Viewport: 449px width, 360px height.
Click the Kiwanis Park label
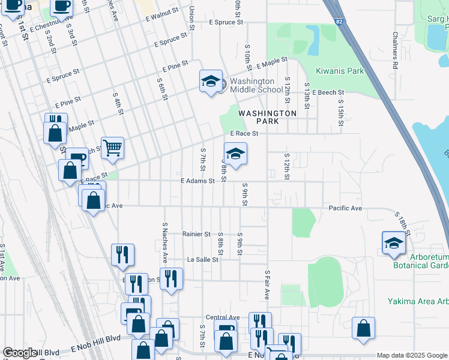click(x=340, y=71)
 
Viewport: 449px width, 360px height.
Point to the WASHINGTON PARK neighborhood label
click(x=267, y=117)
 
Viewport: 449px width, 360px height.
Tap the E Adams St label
click(x=197, y=181)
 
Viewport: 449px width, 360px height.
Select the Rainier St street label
click(x=196, y=234)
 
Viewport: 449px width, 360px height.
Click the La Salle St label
click(x=203, y=260)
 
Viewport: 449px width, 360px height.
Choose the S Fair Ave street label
click(x=267, y=285)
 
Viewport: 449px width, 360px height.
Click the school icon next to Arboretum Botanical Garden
click(x=394, y=242)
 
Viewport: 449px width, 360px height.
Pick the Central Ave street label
click(x=222, y=317)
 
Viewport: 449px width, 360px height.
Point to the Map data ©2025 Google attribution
click(x=411, y=355)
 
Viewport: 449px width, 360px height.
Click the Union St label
click(x=191, y=18)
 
